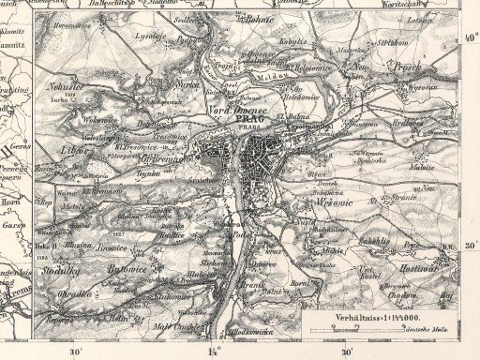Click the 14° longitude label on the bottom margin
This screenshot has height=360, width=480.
(212, 352)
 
